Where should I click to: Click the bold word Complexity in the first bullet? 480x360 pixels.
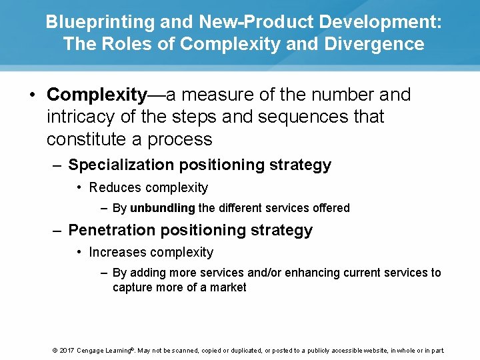click(x=97, y=95)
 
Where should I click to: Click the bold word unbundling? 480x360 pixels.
click(x=162, y=208)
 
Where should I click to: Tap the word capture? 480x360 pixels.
click(x=133, y=287)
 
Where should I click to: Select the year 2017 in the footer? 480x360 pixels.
click(x=65, y=350)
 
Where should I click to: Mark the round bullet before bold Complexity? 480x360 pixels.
click(x=33, y=95)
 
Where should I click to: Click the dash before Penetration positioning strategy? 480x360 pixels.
click(x=58, y=230)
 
